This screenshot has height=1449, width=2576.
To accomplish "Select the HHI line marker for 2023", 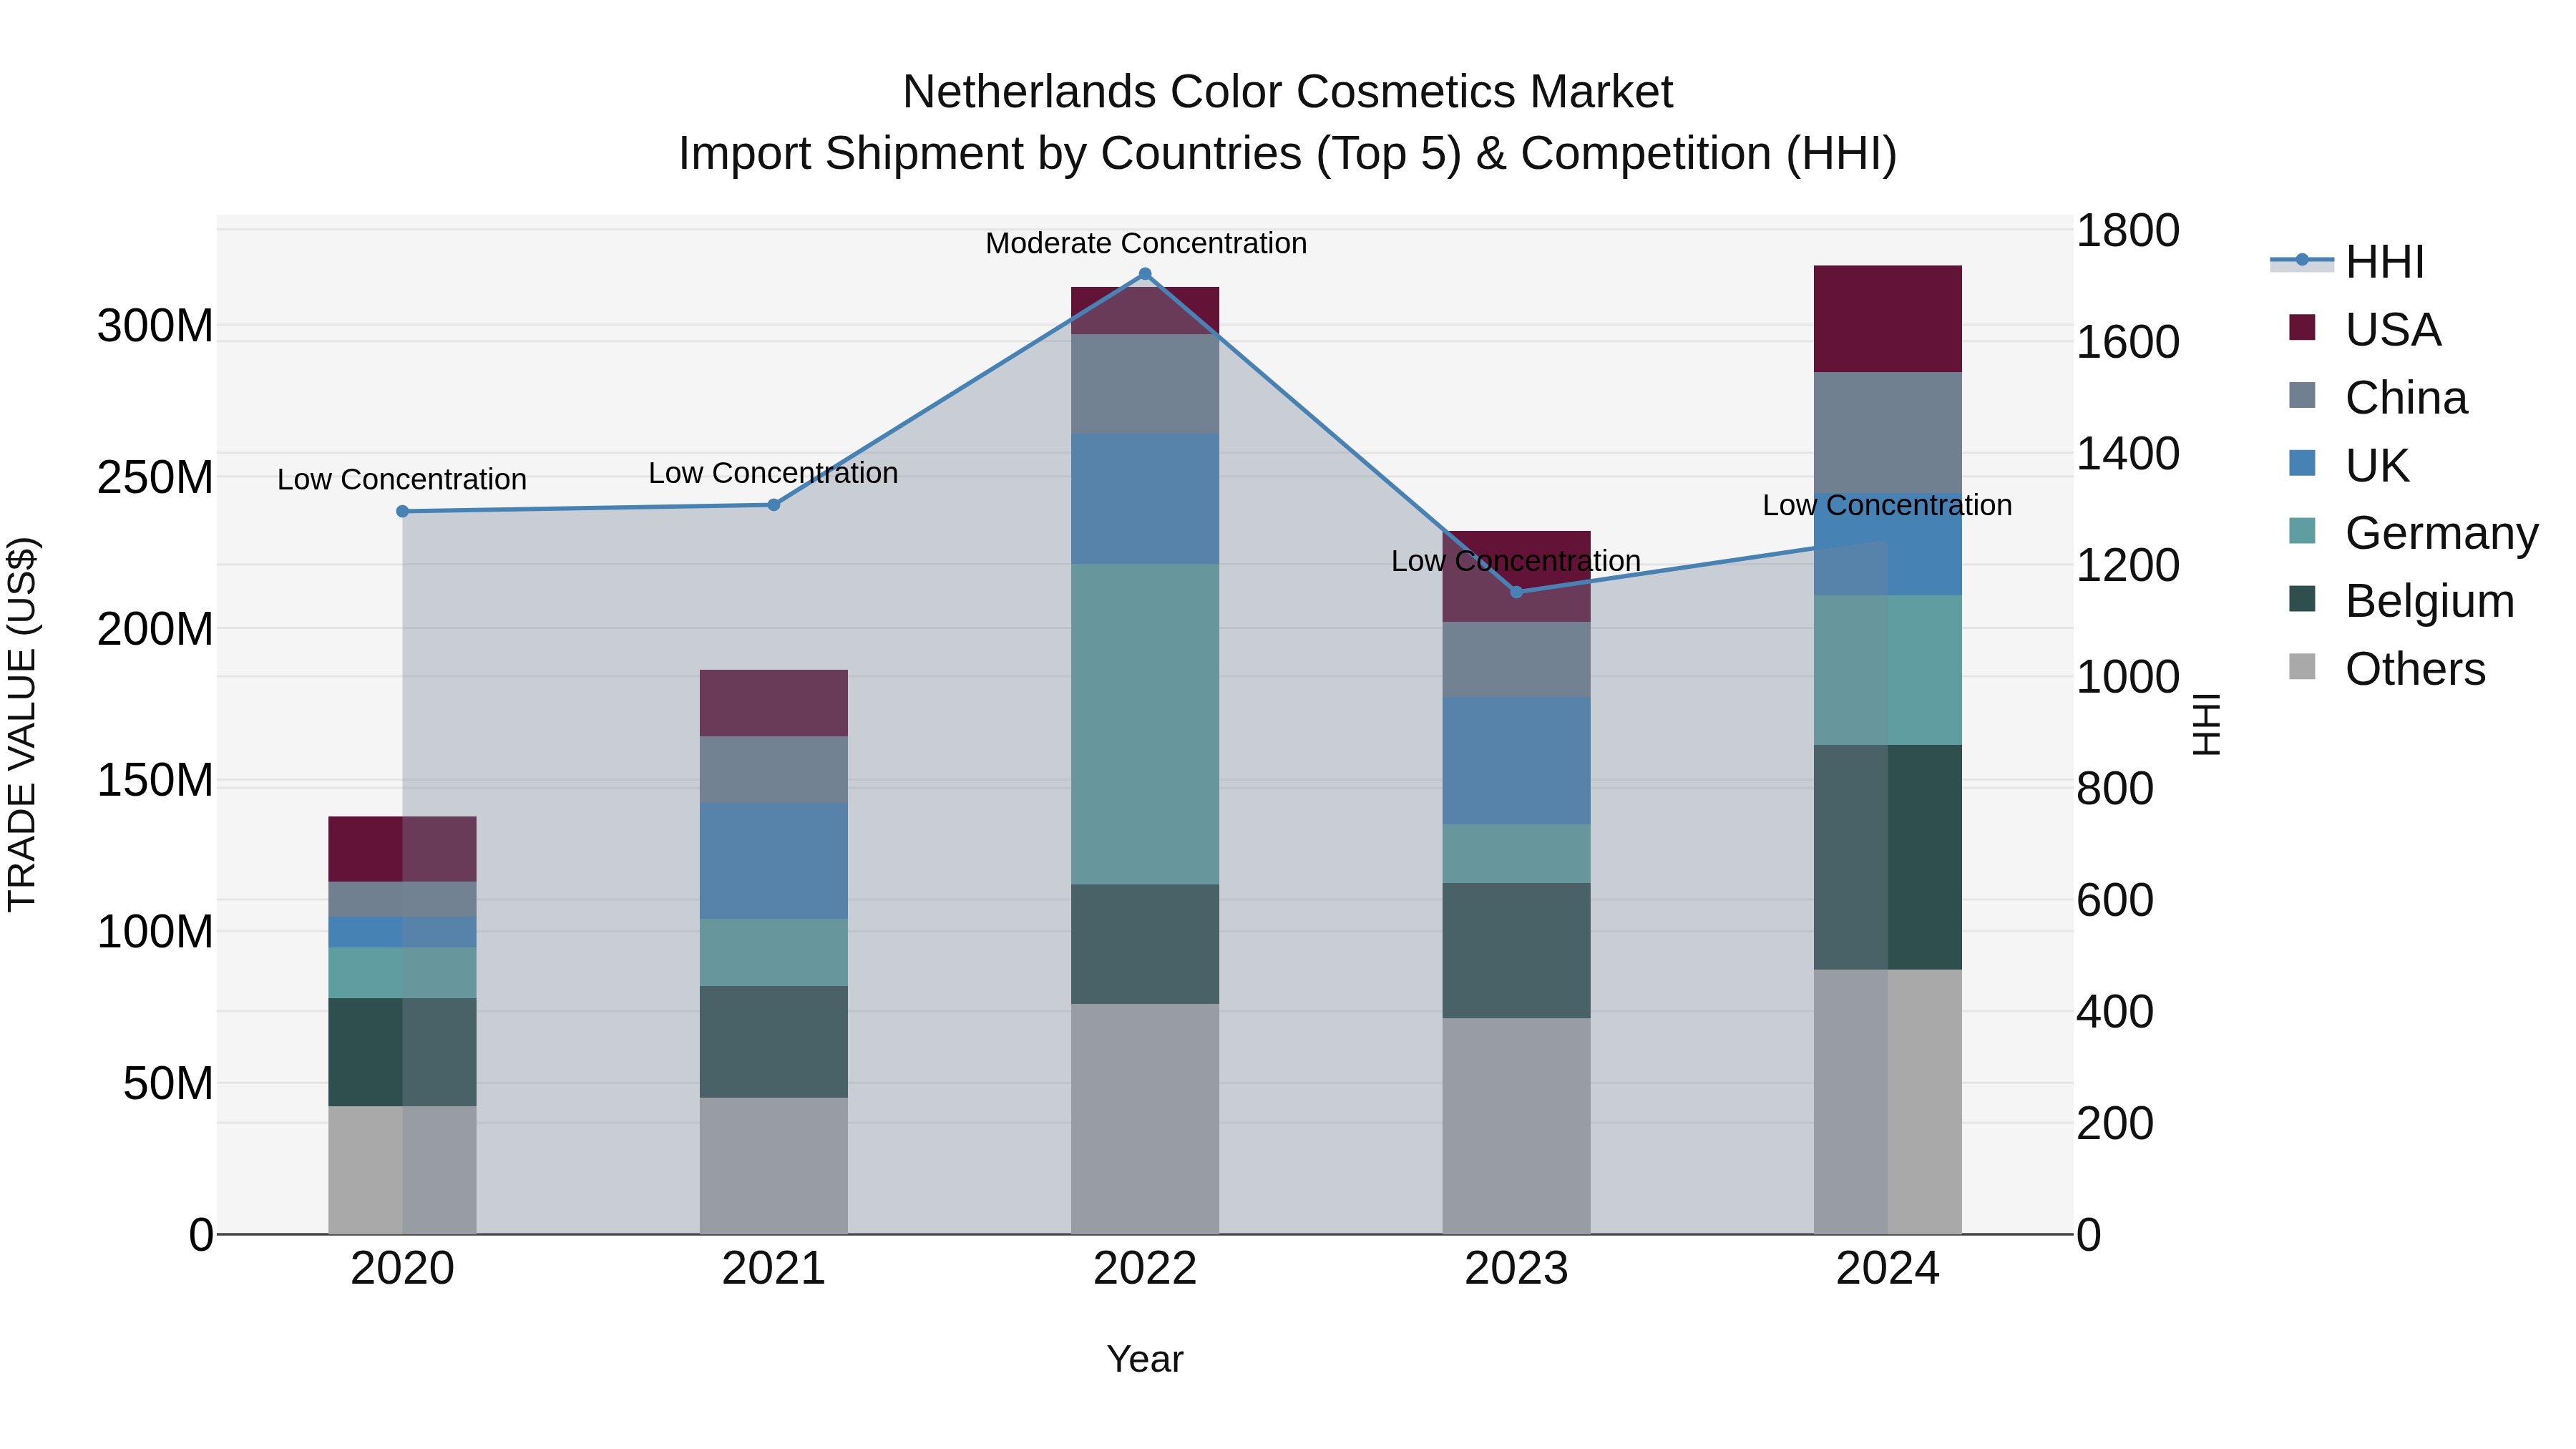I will click(1516, 592).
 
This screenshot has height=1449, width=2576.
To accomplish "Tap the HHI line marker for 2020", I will click(402, 511).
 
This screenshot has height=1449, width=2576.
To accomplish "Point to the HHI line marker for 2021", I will click(773, 505).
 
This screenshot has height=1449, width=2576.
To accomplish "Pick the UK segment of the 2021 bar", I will click(773, 860).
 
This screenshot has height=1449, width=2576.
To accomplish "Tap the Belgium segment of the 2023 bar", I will click(1516, 950).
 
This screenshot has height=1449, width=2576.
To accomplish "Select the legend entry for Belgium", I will click(2428, 601).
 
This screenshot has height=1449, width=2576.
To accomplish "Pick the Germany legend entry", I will click(2440, 533).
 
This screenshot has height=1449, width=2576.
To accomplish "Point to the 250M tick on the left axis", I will click(155, 478).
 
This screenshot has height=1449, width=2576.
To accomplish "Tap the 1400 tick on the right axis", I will click(2128, 454).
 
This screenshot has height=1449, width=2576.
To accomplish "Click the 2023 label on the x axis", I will click(1516, 1269).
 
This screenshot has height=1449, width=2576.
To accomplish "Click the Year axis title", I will click(1144, 1359).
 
